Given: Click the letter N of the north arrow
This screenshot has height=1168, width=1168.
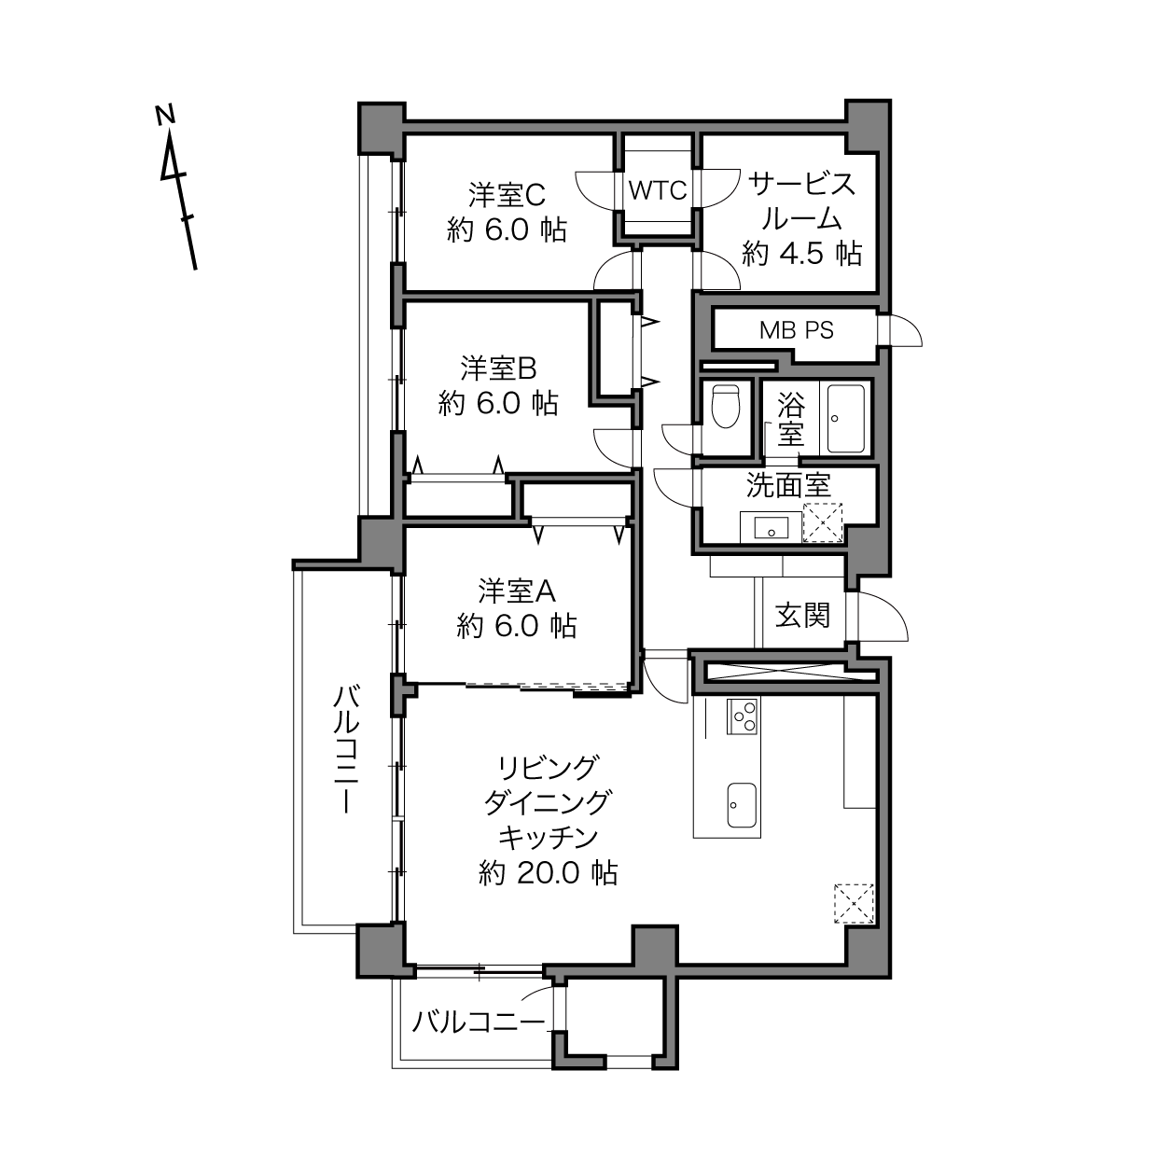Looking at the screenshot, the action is coord(165,115).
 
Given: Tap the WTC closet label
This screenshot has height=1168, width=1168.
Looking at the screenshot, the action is coord(658,190).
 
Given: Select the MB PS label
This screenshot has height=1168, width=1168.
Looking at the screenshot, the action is coord(797,330).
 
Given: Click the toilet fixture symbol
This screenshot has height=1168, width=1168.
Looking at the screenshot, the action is coord(726,406).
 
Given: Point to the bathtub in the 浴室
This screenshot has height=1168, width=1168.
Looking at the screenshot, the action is coord(845,418).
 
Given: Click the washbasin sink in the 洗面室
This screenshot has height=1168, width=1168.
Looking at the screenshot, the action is coord(771,528).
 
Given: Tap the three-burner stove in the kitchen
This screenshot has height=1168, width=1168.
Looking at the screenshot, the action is coord(742,716).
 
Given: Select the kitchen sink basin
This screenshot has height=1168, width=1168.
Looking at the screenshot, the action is coord(742,805).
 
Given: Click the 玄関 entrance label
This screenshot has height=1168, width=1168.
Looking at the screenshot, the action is coord(802,616).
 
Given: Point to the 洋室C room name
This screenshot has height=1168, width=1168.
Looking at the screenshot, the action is coord(507,195).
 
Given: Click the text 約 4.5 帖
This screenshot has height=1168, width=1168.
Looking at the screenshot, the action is coord(802,254).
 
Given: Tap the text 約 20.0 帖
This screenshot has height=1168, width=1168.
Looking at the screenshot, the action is coord(548,873).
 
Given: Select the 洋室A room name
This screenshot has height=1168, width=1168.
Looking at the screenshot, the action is coord(517,591).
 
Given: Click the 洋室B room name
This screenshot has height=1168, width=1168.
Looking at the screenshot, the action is coord(498,368).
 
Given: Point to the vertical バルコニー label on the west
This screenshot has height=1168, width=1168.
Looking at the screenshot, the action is coord(347,748).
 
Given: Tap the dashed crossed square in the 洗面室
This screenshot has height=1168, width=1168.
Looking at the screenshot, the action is coord(823,521).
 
